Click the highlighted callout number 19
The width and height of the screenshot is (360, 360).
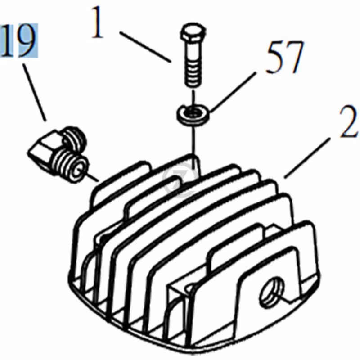pos(19,40)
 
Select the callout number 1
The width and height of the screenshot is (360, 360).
pos(98,22)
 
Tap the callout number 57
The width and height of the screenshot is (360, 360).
pos(285,57)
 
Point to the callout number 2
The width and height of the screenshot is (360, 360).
pos(348,121)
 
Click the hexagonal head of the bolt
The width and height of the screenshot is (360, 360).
pos(193,33)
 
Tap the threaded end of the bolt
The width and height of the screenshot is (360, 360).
pos(193,74)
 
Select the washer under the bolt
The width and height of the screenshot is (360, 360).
pos(193,114)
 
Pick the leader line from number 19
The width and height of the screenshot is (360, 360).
pos(35,92)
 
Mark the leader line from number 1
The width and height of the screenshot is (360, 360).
pos(145,47)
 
